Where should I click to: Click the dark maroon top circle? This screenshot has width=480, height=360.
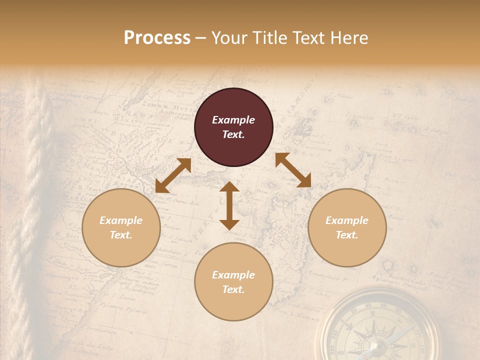(x=233, y=127)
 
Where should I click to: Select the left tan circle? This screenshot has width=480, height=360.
(x=121, y=227)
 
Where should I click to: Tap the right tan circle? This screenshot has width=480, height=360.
(x=347, y=227)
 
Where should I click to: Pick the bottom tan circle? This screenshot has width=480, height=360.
(x=233, y=281)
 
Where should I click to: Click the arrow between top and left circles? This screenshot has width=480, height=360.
(x=173, y=175)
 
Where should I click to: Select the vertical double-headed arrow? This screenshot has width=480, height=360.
(x=229, y=205)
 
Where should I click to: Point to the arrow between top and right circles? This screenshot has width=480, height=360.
(x=293, y=170)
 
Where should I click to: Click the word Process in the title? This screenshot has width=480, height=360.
(x=157, y=37)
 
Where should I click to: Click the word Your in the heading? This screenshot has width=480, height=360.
(x=228, y=37)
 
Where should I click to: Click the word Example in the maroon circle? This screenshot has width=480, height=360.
(x=233, y=120)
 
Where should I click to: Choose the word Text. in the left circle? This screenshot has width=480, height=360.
(x=121, y=235)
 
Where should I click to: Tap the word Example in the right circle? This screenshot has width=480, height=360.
(x=347, y=220)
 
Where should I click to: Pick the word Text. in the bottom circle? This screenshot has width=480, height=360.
(x=233, y=289)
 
